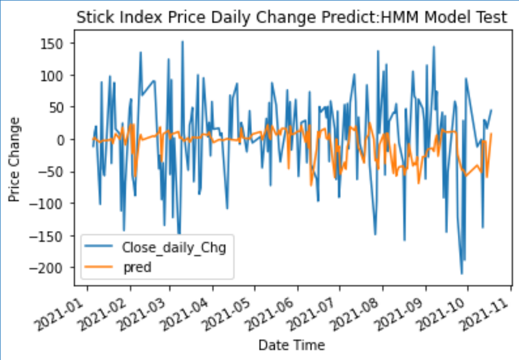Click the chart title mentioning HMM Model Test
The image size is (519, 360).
click(x=291, y=17)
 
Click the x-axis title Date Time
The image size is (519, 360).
click(x=291, y=345)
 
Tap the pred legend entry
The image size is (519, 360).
click(x=136, y=267)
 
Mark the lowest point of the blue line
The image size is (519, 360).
click(x=462, y=274)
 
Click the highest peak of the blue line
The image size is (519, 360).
click(x=182, y=41)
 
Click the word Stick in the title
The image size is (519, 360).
click(x=93, y=17)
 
